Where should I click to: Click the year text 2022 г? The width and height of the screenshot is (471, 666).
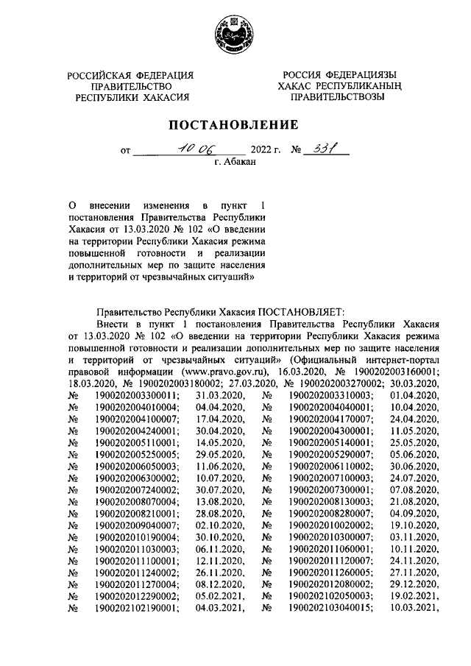[x=267, y=150]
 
